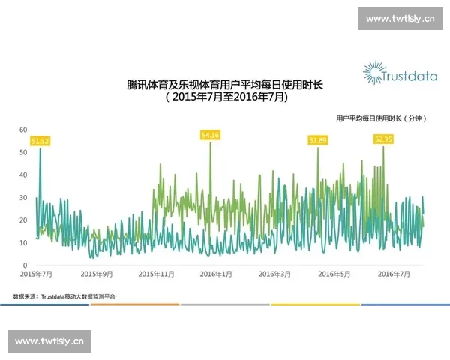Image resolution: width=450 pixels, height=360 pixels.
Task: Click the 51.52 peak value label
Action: pyautogui.click(x=40, y=141)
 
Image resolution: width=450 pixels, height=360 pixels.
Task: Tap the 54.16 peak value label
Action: pyautogui.click(x=210, y=135)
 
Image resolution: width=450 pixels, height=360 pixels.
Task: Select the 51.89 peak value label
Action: pyautogui.click(x=318, y=140)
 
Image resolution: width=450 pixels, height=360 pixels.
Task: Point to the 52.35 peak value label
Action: pyautogui.click(x=383, y=139)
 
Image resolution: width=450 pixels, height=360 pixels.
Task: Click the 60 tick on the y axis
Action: pyautogui.click(x=23, y=130)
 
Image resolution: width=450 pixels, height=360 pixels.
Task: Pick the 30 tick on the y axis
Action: pyautogui.click(x=23, y=198)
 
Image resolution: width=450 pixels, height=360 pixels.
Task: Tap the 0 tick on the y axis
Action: pyautogui.click(x=25, y=265)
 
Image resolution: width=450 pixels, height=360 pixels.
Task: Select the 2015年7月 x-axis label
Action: pyautogui.click(x=37, y=274)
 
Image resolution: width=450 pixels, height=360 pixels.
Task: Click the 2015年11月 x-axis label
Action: pyautogui.click(x=156, y=274)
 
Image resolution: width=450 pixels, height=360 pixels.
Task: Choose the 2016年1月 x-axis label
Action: pyautogui.click(x=214, y=274)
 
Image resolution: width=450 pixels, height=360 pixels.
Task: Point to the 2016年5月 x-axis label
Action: pyautogui.click(x=334, y=274)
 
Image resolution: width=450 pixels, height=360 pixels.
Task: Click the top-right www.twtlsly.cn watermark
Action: pyautogui.click(x=400, y=18)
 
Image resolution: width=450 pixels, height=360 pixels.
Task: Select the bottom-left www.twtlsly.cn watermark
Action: pyautogui.click(x=50, y=341)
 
